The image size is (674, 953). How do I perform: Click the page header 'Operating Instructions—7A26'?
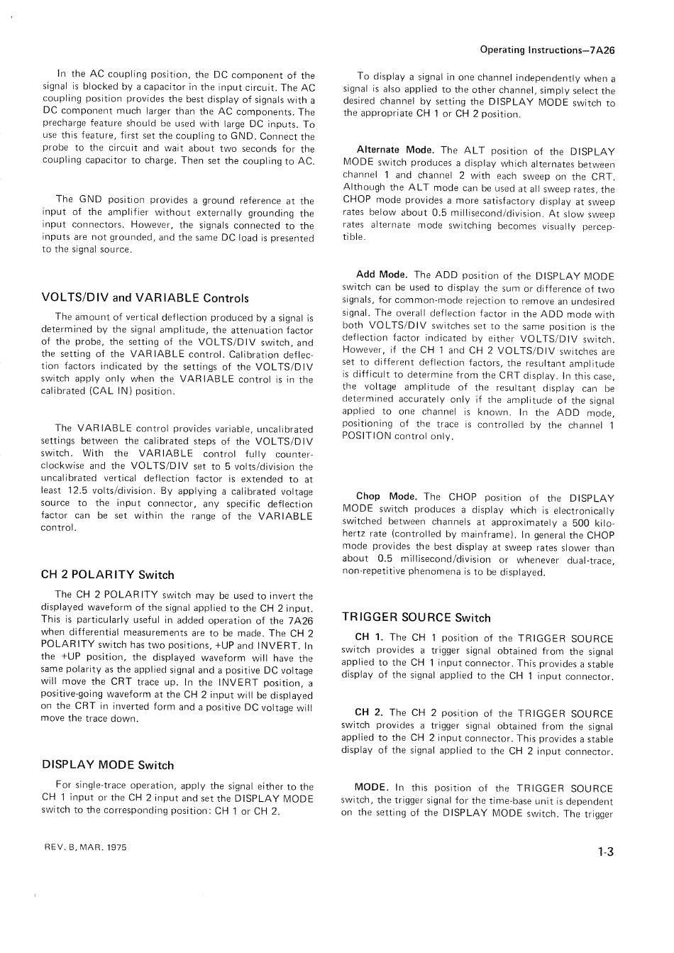pyautogui.click(x=546, y=50)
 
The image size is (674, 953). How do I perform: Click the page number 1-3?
pyautogui.click(x=605, y=852)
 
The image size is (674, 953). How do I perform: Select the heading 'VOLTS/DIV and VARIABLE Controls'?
pyautogui.click(x=145, y=298)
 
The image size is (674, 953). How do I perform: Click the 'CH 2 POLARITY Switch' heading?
pyautogui.click(x=108, y=575)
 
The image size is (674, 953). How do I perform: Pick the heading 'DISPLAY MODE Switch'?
pyautogui.click(x=108, y=765)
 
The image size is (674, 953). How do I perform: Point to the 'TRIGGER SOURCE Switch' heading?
pyautogui.click(x=416, y=617)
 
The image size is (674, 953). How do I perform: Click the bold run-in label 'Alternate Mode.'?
pyautogui.click(x=395, y=150)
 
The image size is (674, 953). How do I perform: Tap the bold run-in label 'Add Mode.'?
pyautogui.click(x=381, y=275)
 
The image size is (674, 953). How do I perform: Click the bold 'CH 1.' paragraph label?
pyautogui.click(x=369, y=637)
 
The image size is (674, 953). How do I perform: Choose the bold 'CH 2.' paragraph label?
pyautogui.click(x=369, y=713)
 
